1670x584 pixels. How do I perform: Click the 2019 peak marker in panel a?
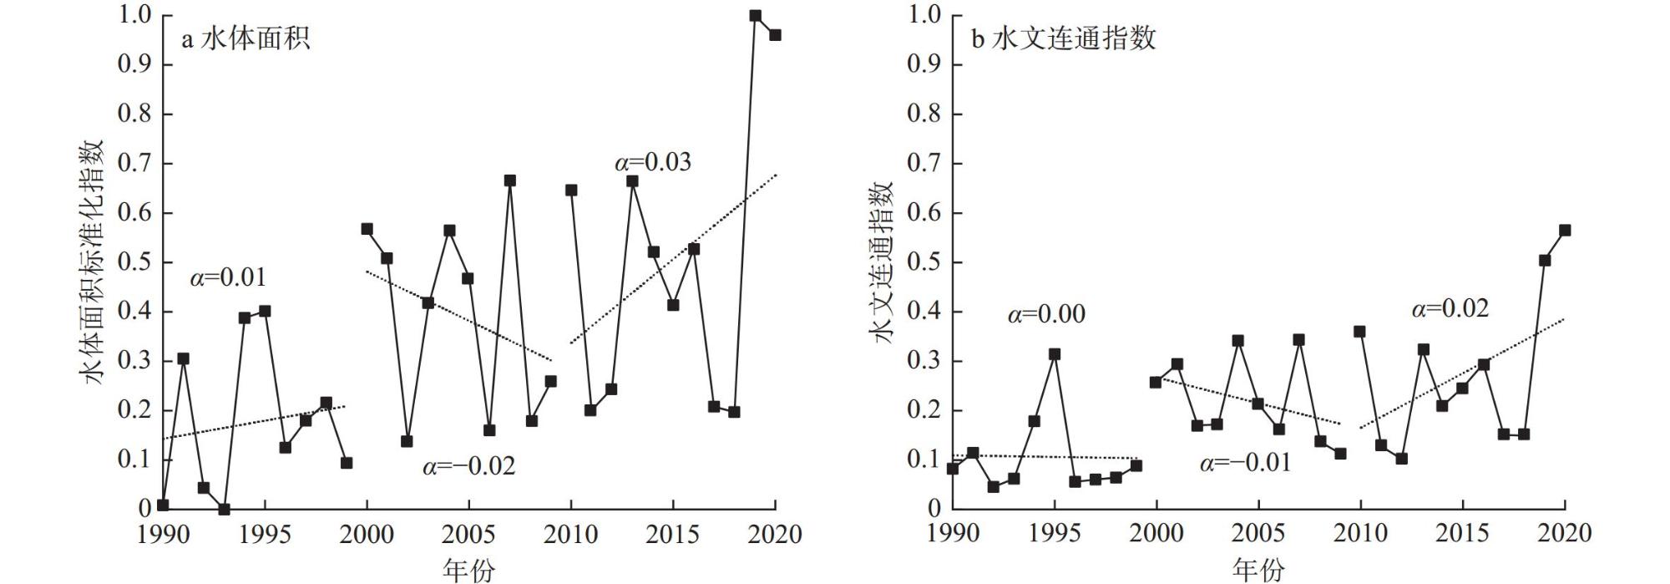[x=755, y=15]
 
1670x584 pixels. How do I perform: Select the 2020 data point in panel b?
[x=1565, y=230]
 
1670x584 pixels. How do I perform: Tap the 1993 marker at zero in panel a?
[x=224, y=509]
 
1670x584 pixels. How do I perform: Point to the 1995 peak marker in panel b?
[x=1055, y=354]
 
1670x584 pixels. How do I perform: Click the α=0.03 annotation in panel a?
[x=653, y=162]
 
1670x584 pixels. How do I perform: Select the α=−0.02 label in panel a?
[x=468, y=466]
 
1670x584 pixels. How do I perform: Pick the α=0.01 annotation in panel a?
[x=228, y=277]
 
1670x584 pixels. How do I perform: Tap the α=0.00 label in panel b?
[x=1046, y=315]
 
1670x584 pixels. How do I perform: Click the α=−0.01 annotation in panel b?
[x=1245, y=463]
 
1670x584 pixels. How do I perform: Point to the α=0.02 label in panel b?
[x=1450, y=309]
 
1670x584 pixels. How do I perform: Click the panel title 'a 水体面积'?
[x=245, y=39]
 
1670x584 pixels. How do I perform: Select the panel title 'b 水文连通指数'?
[x=1063, y=39]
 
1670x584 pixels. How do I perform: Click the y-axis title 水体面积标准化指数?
[x=94, y=262]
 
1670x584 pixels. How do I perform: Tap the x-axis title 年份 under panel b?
[x=1258, y=571]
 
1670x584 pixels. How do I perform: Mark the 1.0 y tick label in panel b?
[x=924, y=15]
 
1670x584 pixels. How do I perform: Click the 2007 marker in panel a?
[x=509, y=180]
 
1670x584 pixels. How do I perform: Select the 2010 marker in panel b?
[x=1359, y=332]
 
